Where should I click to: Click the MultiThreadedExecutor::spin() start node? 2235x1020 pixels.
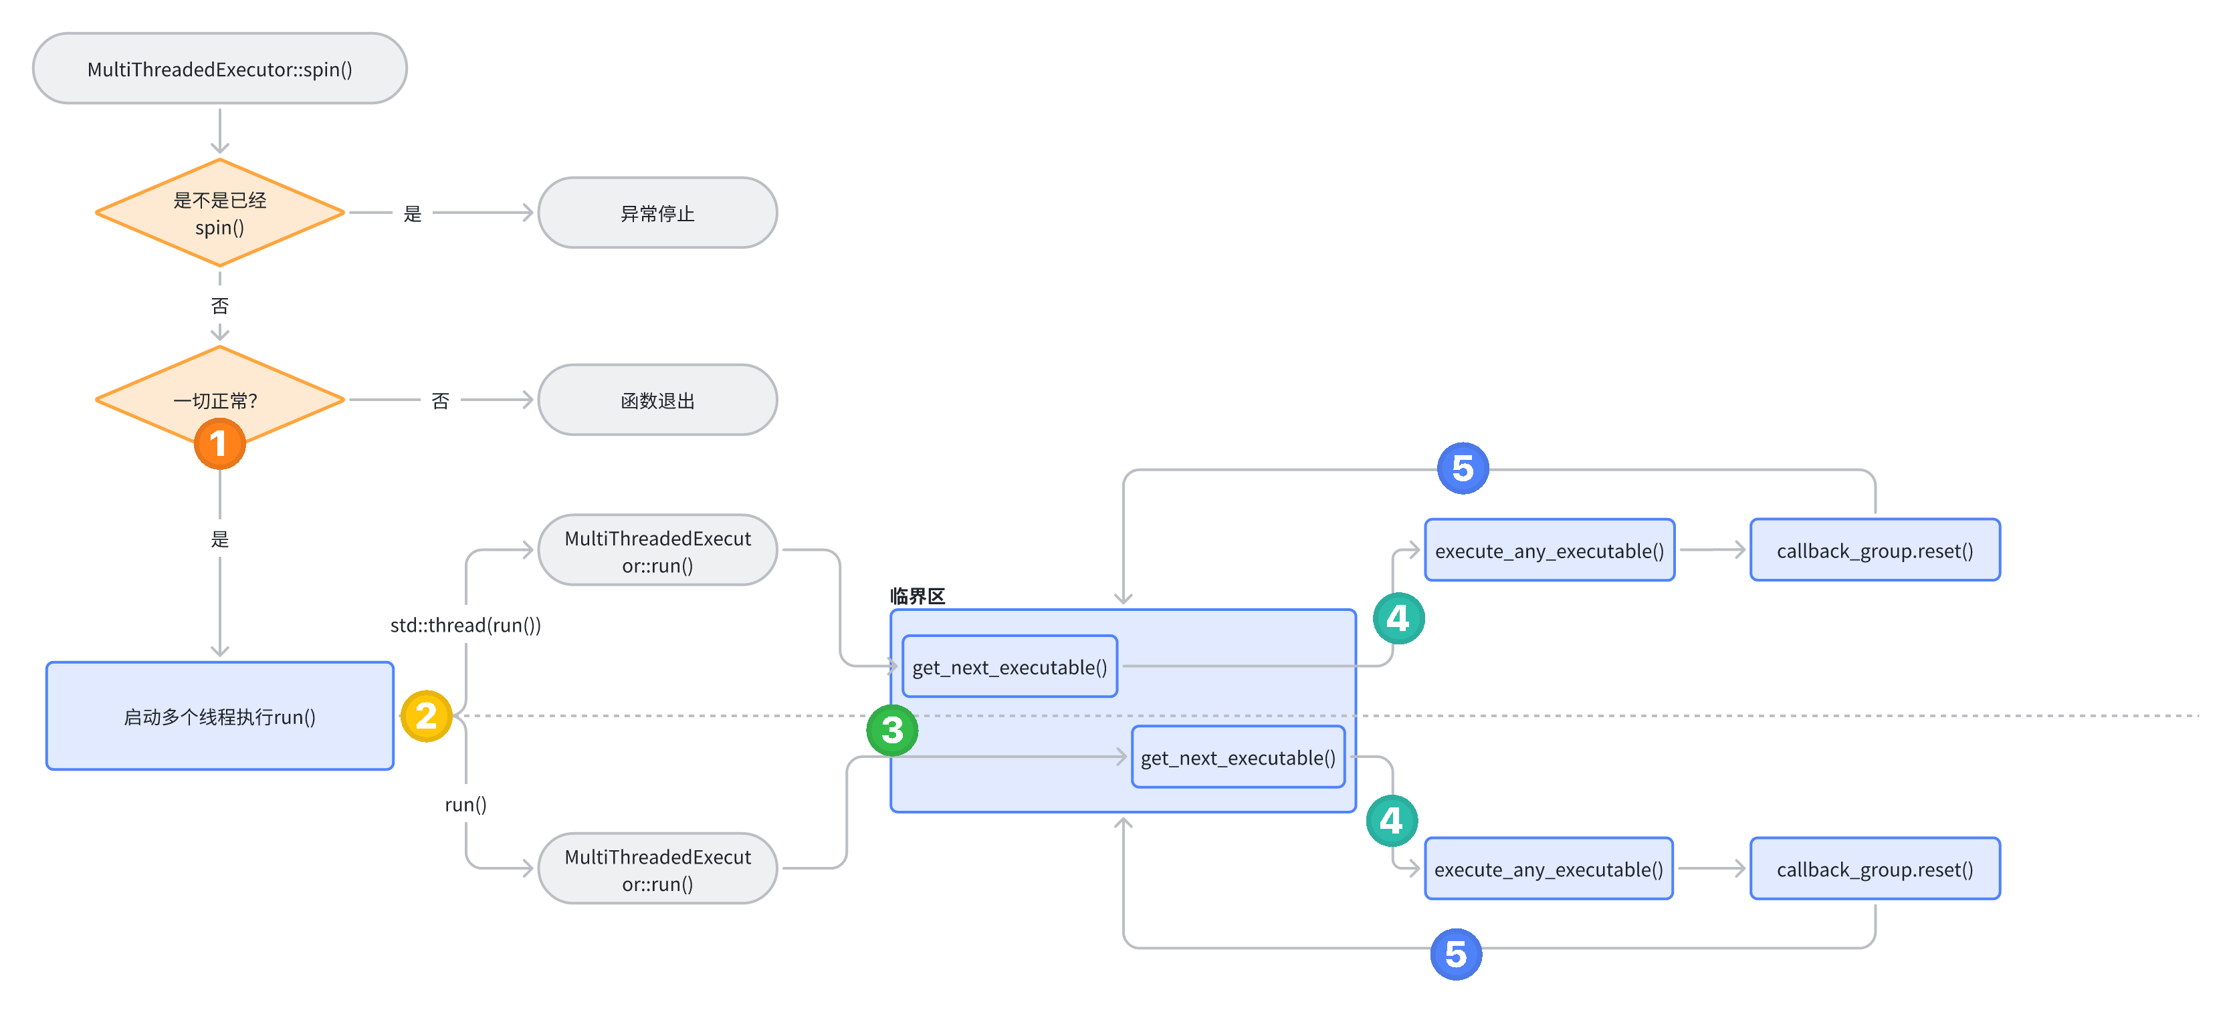[x=219, y=70]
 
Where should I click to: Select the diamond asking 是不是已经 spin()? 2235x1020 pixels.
[x=219, y=213]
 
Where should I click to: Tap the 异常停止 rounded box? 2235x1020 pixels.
[x=657, y=213]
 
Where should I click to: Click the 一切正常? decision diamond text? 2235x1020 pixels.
[x=215, y=401]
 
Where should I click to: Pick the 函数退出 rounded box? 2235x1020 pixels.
[x=657, y=401]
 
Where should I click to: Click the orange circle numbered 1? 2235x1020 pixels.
[x=219, y=444]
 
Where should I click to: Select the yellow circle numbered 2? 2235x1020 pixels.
[x=426, y=717]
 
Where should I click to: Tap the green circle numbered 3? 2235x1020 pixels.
[x=892, y=731]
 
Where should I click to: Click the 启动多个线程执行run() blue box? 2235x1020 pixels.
[x=219, y=717]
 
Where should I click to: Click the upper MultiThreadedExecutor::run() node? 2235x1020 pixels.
[x=657, y=551]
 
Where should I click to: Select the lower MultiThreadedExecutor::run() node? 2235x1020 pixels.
[x=657, y=870]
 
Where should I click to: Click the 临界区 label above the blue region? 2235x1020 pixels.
[x=917, y=596]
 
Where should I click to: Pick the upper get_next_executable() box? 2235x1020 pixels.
[x=1009, y=667]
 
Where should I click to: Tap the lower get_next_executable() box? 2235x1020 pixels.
[x=1237, y=758]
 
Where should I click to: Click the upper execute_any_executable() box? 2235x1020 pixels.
[x=1549, y=551]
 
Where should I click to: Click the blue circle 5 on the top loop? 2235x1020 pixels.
[x=1463, y=469]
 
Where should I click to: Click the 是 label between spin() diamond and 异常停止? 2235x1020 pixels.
[x=412, y=213]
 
